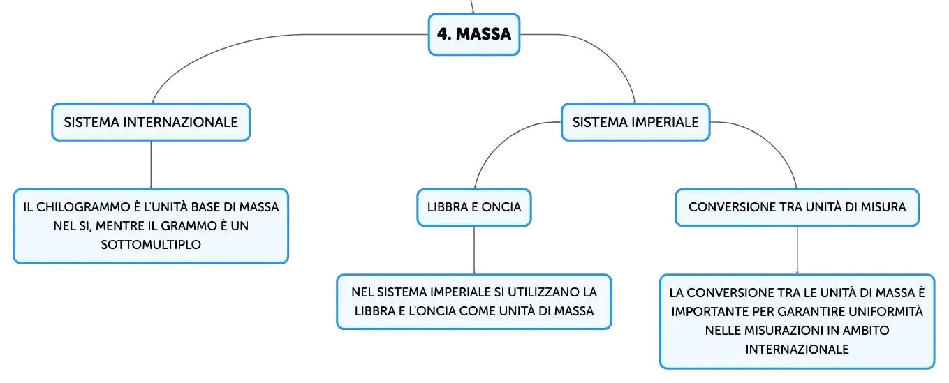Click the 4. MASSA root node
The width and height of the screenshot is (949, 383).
tap(474, 34)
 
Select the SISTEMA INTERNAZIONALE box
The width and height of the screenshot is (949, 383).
tap(151, 122)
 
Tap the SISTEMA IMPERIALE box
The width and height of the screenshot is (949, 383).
tap(635, 122)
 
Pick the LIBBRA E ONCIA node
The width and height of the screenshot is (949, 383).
tap(474, 207)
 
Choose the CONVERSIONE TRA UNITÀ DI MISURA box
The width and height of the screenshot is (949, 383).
tap(797, 207)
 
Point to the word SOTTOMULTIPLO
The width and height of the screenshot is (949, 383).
tap(151, 245)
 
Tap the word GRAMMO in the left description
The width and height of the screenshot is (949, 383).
tap(189, 226)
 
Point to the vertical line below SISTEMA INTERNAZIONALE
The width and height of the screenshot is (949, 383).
tap(151, 165)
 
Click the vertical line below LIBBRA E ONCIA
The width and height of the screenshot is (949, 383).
tap(474, 250)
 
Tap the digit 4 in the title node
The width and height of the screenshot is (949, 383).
tap(442, 34)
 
